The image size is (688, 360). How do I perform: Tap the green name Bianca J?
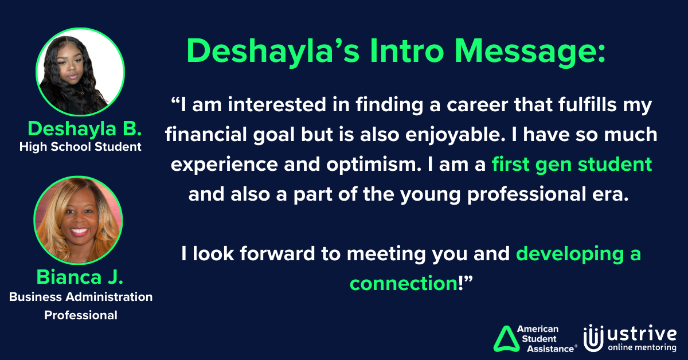80,277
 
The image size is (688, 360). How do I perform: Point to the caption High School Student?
80,147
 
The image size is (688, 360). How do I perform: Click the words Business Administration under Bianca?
80,298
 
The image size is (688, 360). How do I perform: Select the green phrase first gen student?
572,165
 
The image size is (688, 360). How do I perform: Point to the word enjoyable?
480,135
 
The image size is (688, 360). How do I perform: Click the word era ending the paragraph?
612,194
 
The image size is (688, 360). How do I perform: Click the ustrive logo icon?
592,338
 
